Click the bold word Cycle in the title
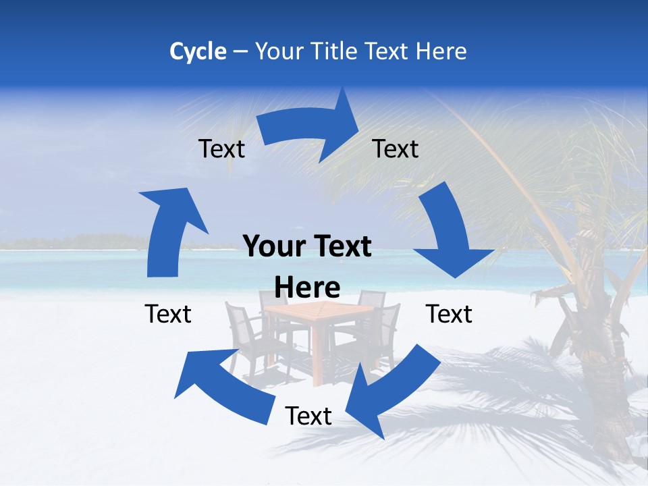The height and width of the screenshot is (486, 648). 198,51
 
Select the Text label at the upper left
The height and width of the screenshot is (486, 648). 221,148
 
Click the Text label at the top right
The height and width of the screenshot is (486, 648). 396,148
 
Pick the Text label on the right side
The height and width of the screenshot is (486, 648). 449,314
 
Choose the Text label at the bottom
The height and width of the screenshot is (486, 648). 308,416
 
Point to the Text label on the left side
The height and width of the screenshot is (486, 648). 168,314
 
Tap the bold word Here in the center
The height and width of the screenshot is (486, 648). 307,288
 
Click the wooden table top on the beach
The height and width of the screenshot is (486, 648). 317,309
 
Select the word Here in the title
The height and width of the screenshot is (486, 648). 442,51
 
